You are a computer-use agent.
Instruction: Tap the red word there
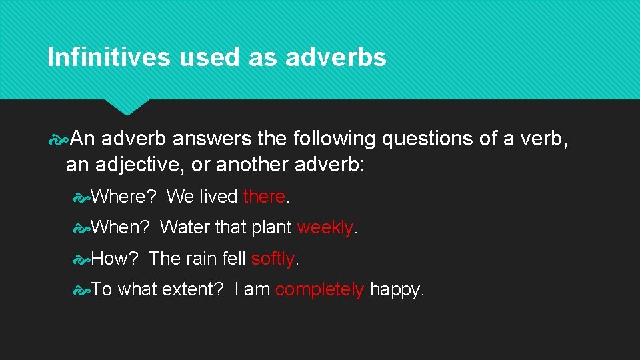pyautogui.click(x=264, y=197)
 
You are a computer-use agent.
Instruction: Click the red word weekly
pyautogui.click(x=325, y=227)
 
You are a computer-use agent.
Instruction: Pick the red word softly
pyautogui.click(x=273, y=258)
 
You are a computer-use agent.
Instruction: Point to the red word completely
pyautogui.click(x=319, y=289)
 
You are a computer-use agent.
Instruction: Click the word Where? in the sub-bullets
pyautogui.click(x=123, y=197)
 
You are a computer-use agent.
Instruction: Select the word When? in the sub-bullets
pyautogui.click(x=120, y=227)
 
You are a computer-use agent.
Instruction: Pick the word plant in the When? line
pyautogui.click(x=271, y=228)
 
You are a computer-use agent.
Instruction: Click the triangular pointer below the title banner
pyautogui.click(x=127, y=107)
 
